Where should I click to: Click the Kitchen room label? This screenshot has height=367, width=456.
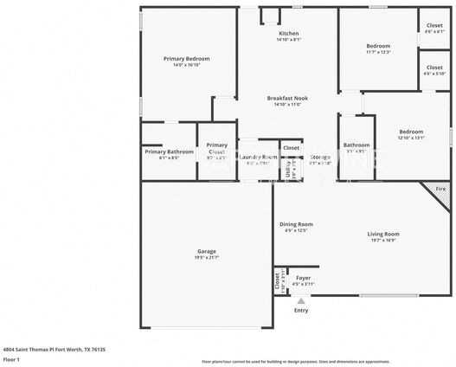click(x=288, y=33)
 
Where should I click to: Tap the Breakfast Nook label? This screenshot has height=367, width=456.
click(x=287, y=98)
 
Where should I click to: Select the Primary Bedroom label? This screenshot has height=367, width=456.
click(x=186, y=58)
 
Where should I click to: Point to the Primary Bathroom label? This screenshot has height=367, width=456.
click(x=169, y=151)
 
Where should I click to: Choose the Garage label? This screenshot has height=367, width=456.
click(x=206, y=251)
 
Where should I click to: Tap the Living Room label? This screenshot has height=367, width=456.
click(x=382, y=234)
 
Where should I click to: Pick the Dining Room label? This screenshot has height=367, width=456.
click(x=296, y=223)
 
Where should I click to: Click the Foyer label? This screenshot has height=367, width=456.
click(x=303, y=278)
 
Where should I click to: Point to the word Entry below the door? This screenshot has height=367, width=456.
click(x=301, y=310)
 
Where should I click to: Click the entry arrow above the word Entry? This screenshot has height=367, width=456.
click(x=301, y=299)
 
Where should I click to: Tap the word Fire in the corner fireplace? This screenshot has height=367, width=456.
click(x=440, y=188)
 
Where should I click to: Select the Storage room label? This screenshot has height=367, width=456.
click(x=320, y=157)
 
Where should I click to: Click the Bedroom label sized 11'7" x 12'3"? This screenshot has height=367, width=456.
click(x=377, y=45)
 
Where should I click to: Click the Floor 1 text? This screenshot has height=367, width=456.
click(x=11, y=358)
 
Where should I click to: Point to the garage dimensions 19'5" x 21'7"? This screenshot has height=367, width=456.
click(x=206, y=258)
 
